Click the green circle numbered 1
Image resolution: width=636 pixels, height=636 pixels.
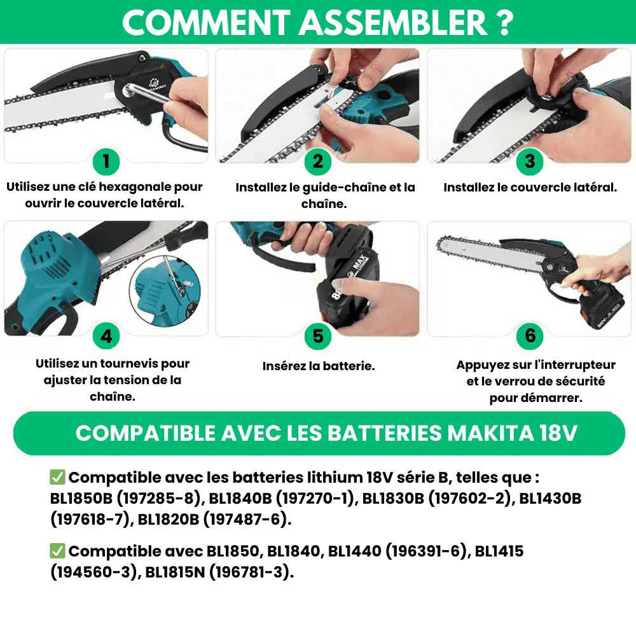point(106,162)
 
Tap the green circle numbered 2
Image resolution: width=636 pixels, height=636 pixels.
point(318,162)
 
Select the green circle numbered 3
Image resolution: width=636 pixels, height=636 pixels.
point(530,162)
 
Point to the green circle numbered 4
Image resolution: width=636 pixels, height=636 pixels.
point(106,336)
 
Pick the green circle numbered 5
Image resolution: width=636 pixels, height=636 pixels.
point(318,336)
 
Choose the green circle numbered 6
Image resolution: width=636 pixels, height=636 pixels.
point(530,336)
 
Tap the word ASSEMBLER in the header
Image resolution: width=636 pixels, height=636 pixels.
point(392,23)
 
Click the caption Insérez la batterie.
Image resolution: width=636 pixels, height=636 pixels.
point(319,366)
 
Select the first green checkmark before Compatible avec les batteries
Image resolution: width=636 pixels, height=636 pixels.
point(57,477)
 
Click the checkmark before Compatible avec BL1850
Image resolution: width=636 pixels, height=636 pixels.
point(57,551)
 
